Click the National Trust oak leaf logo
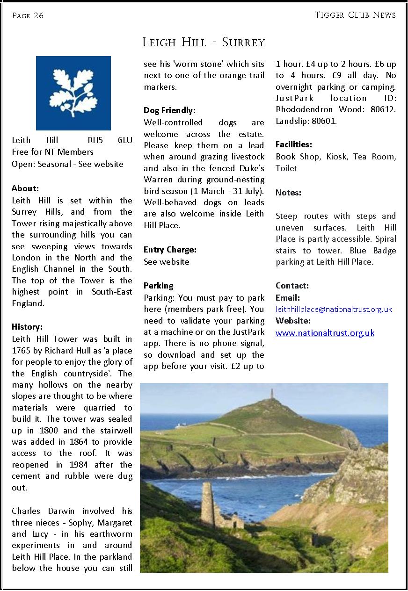[73, 93]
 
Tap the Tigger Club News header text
[355, 15]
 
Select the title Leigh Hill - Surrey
[204, 43]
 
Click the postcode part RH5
[95, 140]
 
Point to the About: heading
[25, 189]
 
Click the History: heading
[27, 327]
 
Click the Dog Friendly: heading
[169, 111]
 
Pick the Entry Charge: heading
[170, 250]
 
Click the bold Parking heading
[158, 286]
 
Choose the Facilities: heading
[294, 145]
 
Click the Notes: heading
[288, 193]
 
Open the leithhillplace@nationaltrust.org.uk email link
[334, 310]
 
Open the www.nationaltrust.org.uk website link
[325, 333]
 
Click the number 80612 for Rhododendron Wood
[382, 109]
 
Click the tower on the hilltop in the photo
[272, 394]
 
